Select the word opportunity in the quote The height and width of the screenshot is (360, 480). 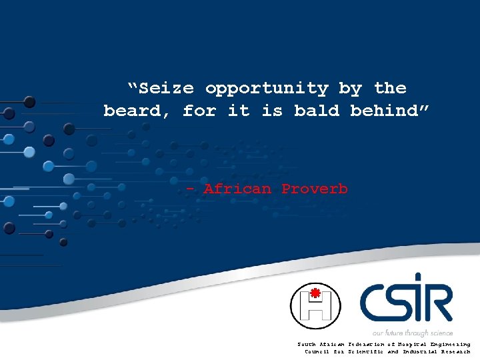pyautogui.click(x=267, y=88)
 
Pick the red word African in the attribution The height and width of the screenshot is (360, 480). pyautogui.click(x=237, y=189)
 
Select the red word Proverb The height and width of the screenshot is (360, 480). pyautogui.click(x=314, y=189)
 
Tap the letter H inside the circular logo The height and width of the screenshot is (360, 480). pyautogui.click(x=315, y=309)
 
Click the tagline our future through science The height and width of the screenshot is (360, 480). pyautogui.click(x=413, y=333)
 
